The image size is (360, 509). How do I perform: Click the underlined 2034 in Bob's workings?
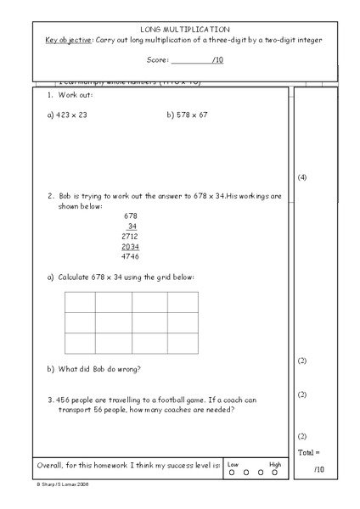point(130,246)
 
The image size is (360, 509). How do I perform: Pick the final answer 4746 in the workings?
point(130,256)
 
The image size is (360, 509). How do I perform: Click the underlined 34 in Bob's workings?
point(132,226)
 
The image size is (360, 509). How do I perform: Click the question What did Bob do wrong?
point(99,368)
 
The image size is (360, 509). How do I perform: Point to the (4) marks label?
point(302,177)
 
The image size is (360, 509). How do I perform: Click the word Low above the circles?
point(233,464)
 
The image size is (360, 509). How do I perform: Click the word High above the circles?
point(275,464)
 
